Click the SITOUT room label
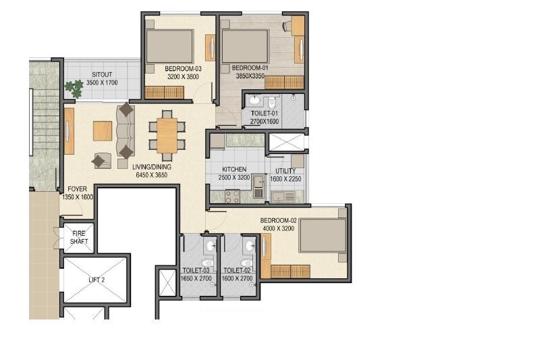pyautogui.click(x=102, y=74)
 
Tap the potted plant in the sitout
pyautogui.click(x=71, y=88)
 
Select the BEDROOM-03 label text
pyautogui.click(x=183, y=68)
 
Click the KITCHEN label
pyautogui.click(x=233, y=170)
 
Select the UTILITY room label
pyautogui.click(x=286, y=172)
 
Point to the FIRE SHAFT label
pyautogui.click(x=79, y=238)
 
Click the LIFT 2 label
pyautogui.click(x=95, y=279)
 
